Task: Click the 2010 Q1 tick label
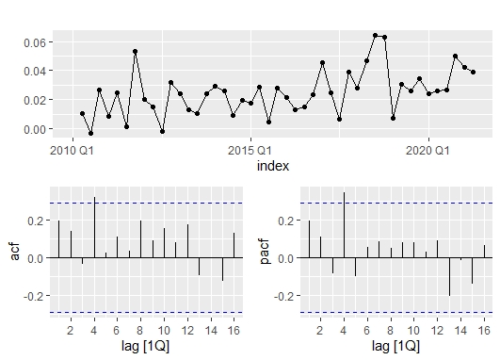72,150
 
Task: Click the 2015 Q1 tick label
250,150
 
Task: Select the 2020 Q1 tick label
428,150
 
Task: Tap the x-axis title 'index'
273,165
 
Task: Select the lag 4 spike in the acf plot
94,227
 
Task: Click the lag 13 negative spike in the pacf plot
450,276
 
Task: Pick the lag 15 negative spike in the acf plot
222,269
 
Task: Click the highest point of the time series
376,36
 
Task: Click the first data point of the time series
82,114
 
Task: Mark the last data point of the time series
473,72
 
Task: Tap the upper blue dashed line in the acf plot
141,203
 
